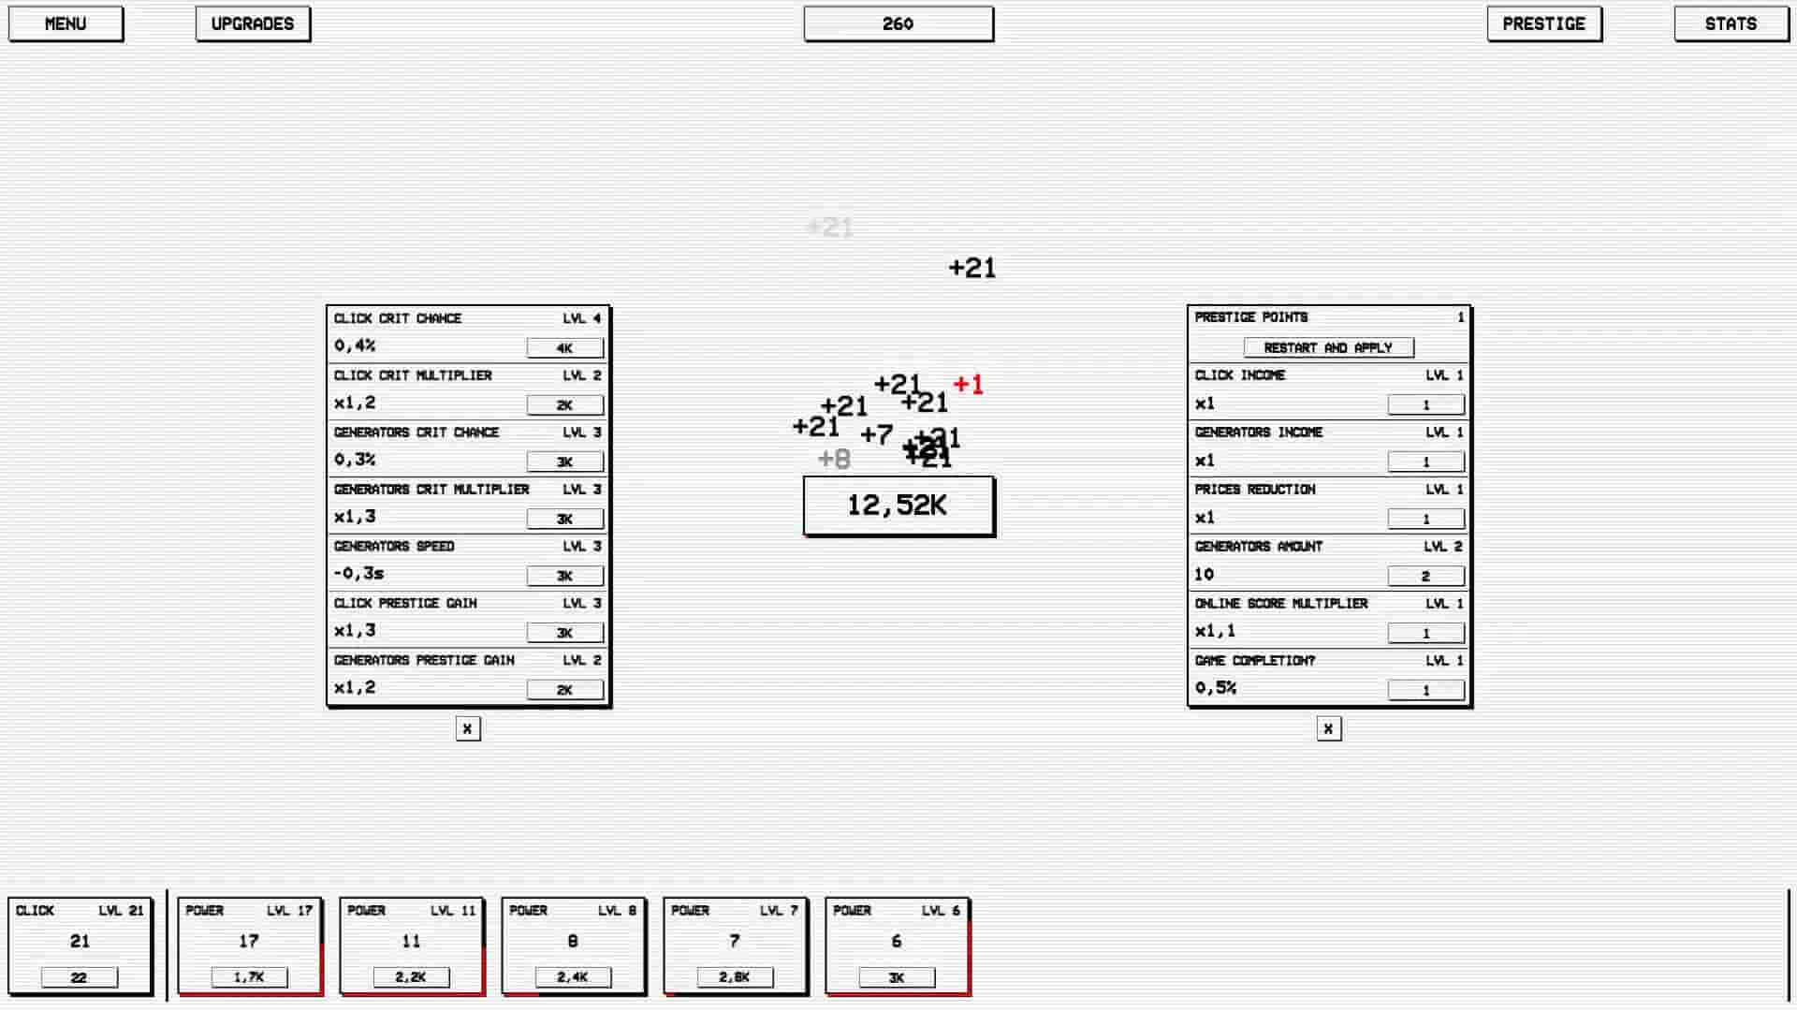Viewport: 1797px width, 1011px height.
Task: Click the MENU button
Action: point(66,24)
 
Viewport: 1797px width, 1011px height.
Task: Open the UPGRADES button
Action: point(253,24)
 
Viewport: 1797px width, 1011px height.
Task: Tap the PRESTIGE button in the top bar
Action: point(1543,24)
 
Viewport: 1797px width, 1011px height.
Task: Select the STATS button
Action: point(1731,24)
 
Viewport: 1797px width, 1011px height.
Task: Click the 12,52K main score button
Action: point(898,505)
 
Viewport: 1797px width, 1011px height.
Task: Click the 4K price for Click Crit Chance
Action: point(564,348)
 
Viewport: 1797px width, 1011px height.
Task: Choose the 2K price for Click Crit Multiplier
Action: point(564,405)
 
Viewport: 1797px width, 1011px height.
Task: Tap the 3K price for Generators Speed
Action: point(564,576)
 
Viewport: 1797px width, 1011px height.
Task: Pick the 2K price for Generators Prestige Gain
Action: point(564,690)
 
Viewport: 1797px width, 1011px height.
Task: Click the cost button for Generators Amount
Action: point(1425,576)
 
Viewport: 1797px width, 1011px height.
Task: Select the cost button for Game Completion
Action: point(1425,690)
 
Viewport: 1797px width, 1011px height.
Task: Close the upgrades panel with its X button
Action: point(468,728)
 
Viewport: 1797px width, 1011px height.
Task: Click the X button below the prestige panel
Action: point(1328,728)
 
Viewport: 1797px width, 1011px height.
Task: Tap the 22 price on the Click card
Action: point(80,977)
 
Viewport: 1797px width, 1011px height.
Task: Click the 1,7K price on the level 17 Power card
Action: point(249,977)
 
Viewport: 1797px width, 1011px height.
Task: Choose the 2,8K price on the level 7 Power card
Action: point(735,977)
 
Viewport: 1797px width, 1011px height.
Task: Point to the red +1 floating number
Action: point(968,384)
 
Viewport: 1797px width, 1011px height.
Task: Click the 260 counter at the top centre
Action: point(898,24)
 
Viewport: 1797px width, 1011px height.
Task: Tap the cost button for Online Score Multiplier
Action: point(1425,633)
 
